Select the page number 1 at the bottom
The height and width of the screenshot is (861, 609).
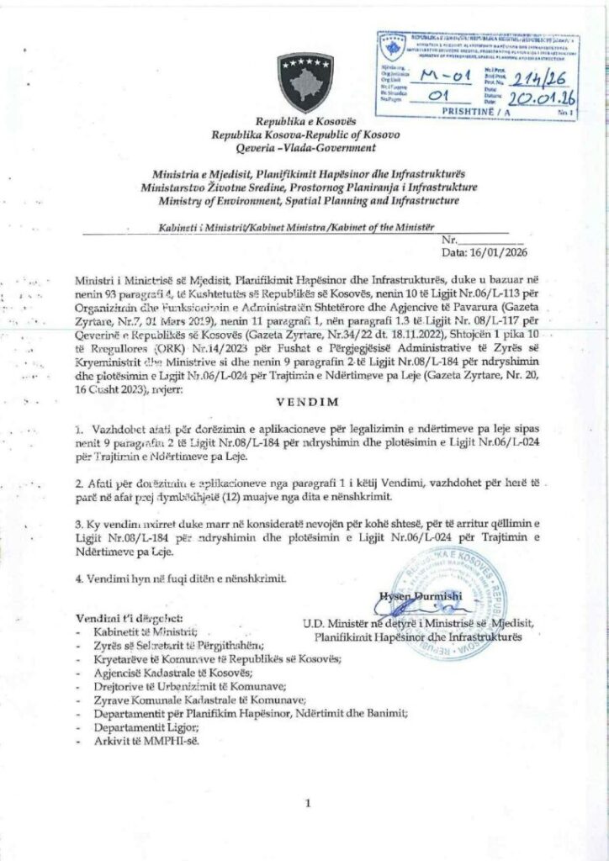(309, 804)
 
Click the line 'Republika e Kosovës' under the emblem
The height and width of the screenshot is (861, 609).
(308, 124)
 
